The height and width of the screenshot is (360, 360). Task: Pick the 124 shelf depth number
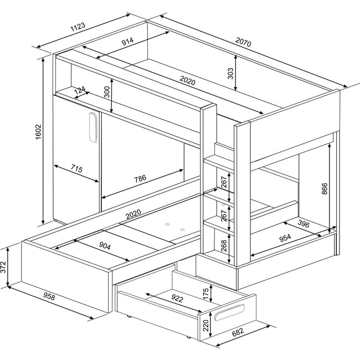tap(79, 90)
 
